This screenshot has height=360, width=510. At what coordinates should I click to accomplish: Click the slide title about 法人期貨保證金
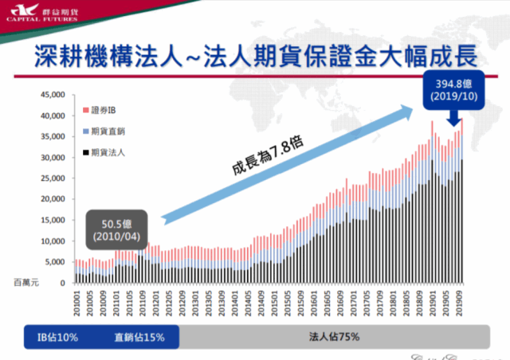[255, 57]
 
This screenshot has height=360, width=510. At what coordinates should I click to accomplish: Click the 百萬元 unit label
[25, 283]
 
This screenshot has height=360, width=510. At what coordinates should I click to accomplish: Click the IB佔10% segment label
[57, 337]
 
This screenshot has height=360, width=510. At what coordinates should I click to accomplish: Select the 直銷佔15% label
[139, 337]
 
